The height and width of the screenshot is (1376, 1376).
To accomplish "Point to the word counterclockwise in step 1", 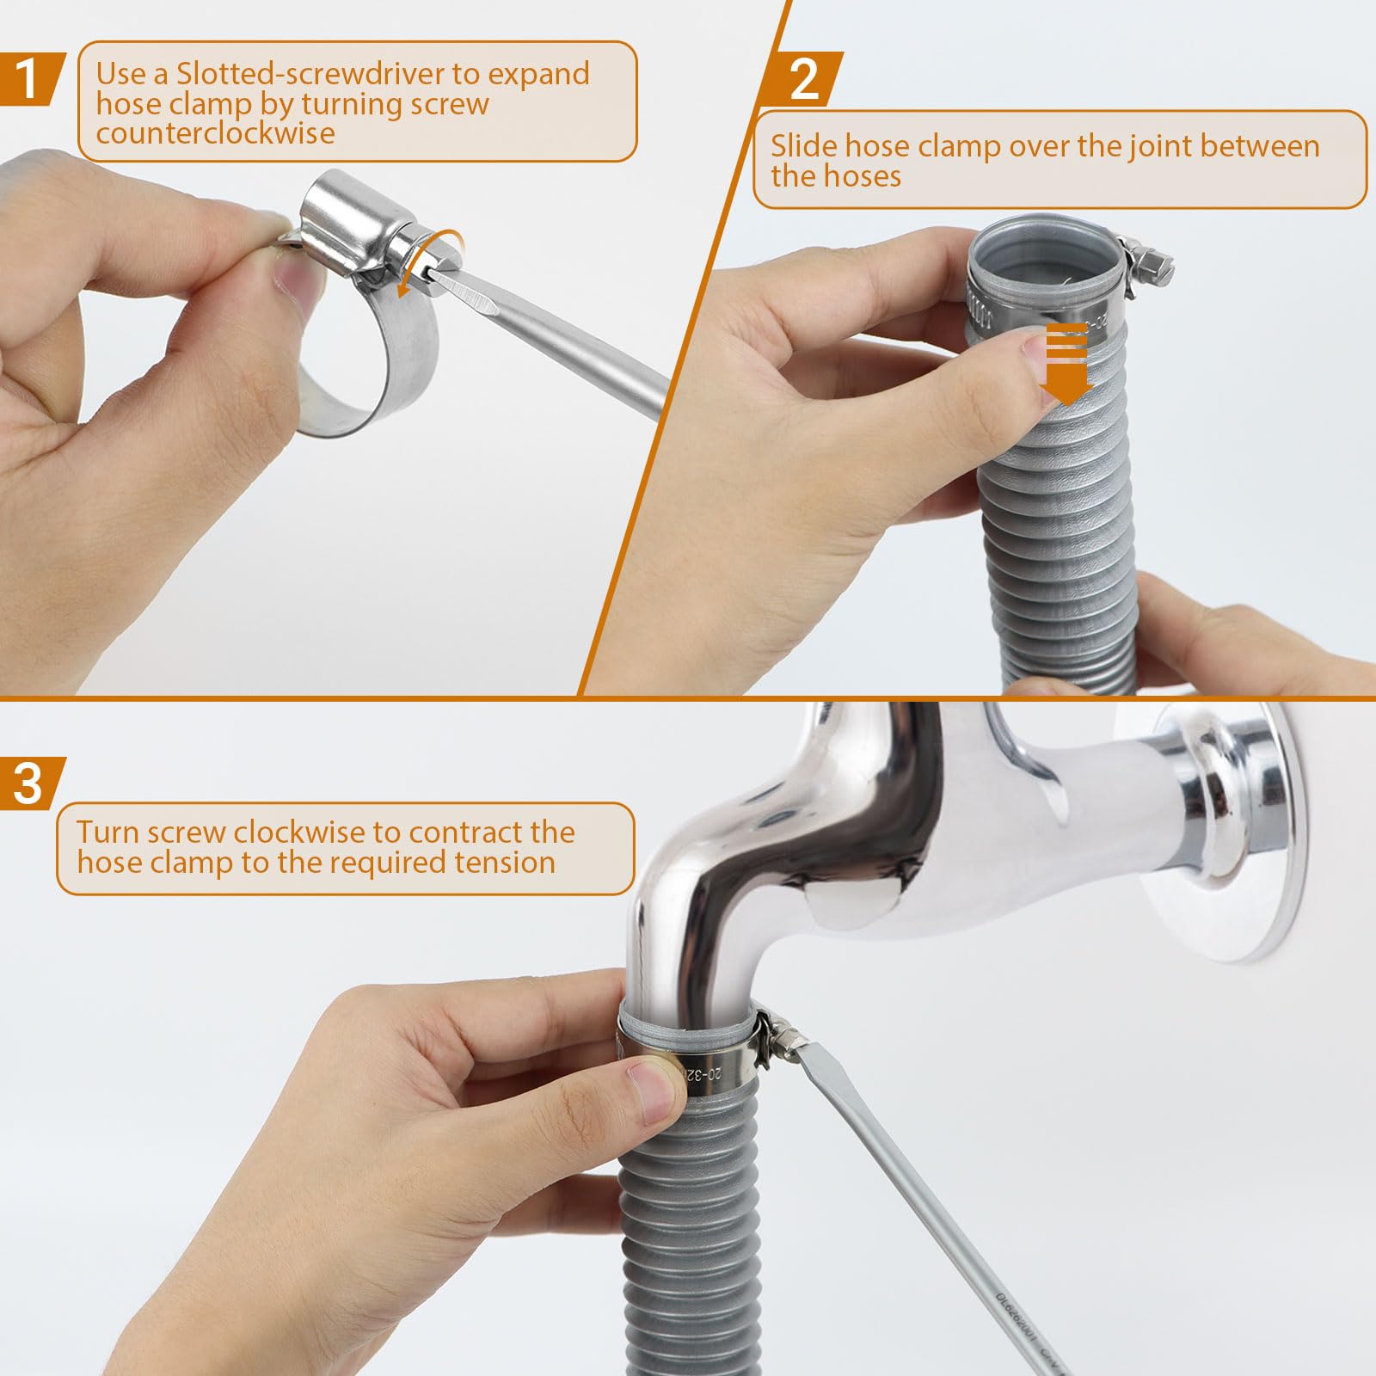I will (215, 133).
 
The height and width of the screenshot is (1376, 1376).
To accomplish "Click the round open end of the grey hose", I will (1045, 258).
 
